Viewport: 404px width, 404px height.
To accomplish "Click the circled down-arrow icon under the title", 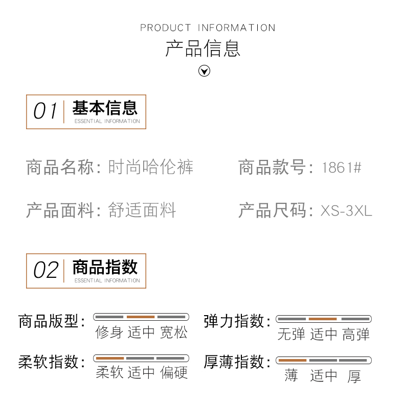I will (x=204, y=71).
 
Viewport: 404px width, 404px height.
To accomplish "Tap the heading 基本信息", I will (x=105, y=108).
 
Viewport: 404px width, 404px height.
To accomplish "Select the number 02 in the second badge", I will (x=46, y=270).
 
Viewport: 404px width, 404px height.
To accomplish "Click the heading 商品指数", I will (x=105, y=267).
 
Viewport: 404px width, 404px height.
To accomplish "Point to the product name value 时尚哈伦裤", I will (x=151, y=168).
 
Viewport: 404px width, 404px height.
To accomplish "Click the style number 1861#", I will (x=342, y=168).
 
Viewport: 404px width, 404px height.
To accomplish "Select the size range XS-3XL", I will (x=346, y=210).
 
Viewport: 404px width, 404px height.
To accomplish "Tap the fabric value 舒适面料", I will (x=142, y=210).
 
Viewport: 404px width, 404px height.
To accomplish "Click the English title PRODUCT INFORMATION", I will (x=208, y=28).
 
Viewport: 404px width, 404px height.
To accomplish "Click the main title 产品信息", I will (x=203, y=49).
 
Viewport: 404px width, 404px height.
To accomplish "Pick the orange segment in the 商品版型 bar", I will (x=141, y=317).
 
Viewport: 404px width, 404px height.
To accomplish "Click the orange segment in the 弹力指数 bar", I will (x=323, y=319).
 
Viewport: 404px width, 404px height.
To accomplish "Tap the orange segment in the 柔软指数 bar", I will (x=110, y=359).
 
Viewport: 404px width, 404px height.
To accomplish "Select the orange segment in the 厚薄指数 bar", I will (x=293, y=361).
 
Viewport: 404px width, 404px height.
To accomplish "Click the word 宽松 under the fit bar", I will (x=174, y=332).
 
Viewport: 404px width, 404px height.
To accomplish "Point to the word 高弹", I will (x=355, y=335).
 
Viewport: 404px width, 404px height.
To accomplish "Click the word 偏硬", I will (x=174, y=373).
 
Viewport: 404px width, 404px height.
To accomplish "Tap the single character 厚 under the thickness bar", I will (x=354, y=376).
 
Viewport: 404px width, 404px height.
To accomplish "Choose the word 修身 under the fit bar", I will (x=109, y=332).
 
